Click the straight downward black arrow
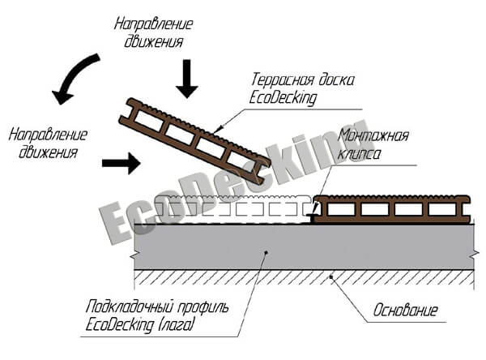coord(186,78)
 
